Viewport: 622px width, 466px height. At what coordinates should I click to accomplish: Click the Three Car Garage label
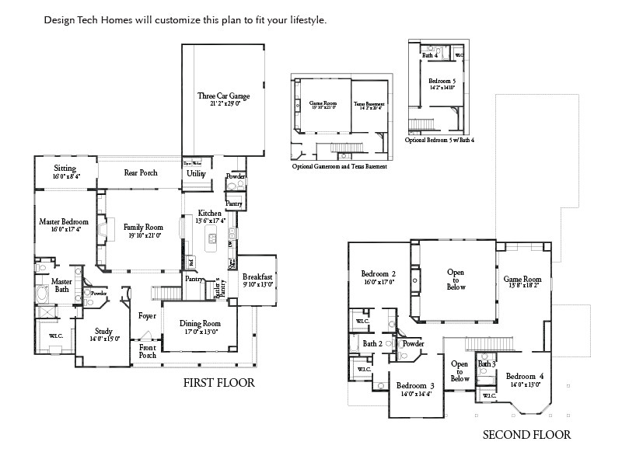pyautogui.click(x=223, y=96)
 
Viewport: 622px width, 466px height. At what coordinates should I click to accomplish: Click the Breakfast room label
pyautogui.click(x=257, y=276)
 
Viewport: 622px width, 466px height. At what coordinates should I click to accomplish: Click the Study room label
pyautogui.click(x=103, y=331)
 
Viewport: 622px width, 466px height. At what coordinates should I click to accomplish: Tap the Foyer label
pyautogui.click(x=147, y=316)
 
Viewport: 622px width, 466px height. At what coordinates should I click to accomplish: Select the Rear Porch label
pyautogui.click(x=141, y=173)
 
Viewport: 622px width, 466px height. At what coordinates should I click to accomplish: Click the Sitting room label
pyautogui.click(x=65, y=169)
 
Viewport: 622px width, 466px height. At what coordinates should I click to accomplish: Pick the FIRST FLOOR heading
pyautogui.click(x=218, y=382)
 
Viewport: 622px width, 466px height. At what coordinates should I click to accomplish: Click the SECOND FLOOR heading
pyautogui.click(x=526, y=435)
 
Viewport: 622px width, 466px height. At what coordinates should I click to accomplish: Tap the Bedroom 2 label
pyautogui.click(x=379, y=274)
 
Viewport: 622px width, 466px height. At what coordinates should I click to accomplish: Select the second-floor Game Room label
pyautogui.click(x=522, y=279)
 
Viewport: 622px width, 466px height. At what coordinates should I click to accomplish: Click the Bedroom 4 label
pyautogui.click(x=525, y=376)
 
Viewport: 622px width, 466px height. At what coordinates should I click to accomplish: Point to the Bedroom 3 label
pyautogui.click(x=415, y=386)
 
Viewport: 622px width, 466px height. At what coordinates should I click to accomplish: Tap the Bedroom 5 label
pyautogui.click(x=442, y=81)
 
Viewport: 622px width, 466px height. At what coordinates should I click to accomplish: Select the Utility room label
pyautogui.click(x=196, y=174)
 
